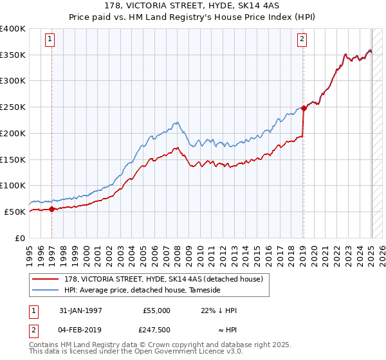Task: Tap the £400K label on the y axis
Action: point(13,29)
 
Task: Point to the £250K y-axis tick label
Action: point(13,107)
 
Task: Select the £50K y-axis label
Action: point(15,212)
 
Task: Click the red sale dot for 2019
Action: point(304,109)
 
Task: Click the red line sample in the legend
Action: point(46,279)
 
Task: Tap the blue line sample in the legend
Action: point(46,290)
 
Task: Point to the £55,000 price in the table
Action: point(156,310)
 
